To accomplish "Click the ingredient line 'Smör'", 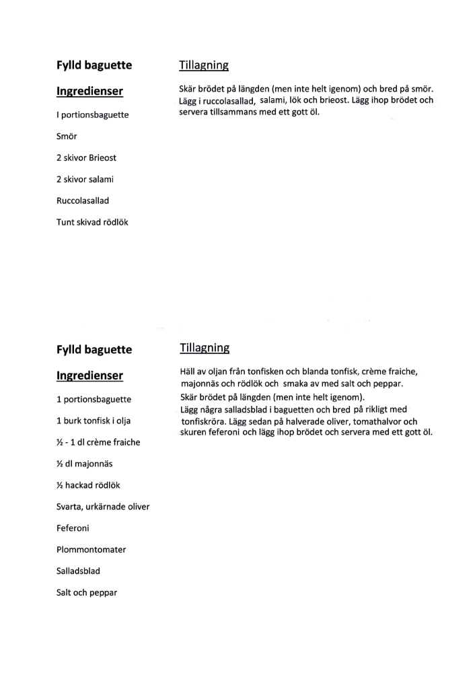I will tap(67, 136).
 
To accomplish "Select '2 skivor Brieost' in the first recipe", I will tap(86, 157).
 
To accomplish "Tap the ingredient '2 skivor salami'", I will tap(85, 179).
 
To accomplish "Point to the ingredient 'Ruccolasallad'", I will tap(83, 201).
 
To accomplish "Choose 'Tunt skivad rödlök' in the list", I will tap(92, 222).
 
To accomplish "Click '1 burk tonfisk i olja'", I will tap(94, 421).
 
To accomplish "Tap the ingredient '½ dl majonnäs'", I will tap(85, 464).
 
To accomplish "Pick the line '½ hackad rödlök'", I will tap(88, 485).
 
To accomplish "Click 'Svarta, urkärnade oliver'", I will tap(103, 507).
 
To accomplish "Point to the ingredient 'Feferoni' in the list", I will tap(73, 528).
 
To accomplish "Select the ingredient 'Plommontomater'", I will tap(91, 550).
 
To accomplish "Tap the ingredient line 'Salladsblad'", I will tap(78, 571).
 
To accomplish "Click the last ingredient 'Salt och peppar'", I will tap(87, 593).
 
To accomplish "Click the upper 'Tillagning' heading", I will tap(204, 65).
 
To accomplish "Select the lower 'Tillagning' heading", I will tap(205, 348).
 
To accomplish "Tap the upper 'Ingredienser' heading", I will tap(89, 92).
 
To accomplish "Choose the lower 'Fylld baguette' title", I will tap(94, 350).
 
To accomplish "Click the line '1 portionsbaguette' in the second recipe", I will tap(94, 399).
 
